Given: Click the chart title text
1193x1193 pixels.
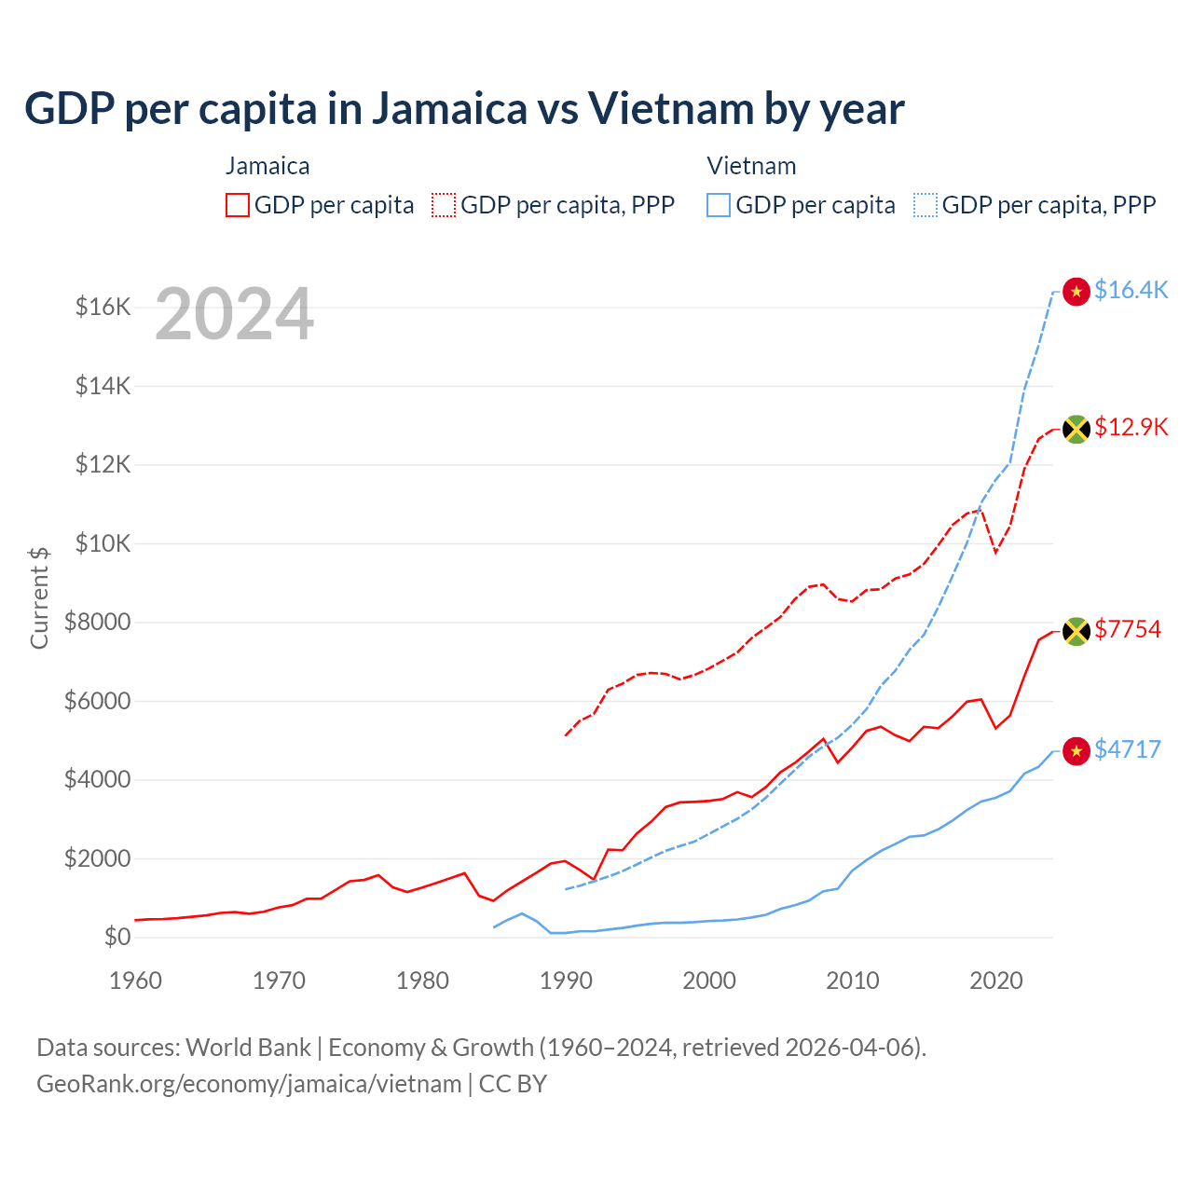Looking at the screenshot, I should point(464,109).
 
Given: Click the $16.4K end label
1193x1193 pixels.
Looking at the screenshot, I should point(1131,291).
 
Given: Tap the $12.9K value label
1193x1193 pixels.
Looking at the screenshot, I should point(1131,428).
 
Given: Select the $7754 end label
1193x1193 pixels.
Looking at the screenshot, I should point(1128,630).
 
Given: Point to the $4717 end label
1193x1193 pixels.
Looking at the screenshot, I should point(1128,750).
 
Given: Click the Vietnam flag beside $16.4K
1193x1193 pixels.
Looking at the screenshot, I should point(1076,292).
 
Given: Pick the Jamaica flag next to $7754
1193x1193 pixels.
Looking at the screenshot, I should point(1076,631).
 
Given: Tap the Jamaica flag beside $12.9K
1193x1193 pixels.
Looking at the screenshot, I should point(1076,429).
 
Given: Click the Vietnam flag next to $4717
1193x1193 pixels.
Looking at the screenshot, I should point(1076,751).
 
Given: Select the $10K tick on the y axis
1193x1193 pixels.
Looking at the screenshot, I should point(103,543).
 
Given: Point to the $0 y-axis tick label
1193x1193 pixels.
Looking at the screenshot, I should point(117,937).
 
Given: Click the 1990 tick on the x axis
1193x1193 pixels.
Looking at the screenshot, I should point(566,980).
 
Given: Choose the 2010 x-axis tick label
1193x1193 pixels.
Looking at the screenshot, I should point(853,980).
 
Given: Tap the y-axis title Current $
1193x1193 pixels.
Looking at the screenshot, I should point(39,597).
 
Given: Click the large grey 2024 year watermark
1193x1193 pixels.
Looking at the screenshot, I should point(234,314).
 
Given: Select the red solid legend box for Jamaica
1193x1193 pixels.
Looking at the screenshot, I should point(238,205).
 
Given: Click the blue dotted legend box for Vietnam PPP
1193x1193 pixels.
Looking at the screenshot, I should point(926,205).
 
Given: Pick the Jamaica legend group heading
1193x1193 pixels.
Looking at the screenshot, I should point(267,166).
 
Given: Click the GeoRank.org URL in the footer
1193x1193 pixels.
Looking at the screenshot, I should point(249,1084).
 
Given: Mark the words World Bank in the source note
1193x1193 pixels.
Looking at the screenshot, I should point(248,1048).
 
